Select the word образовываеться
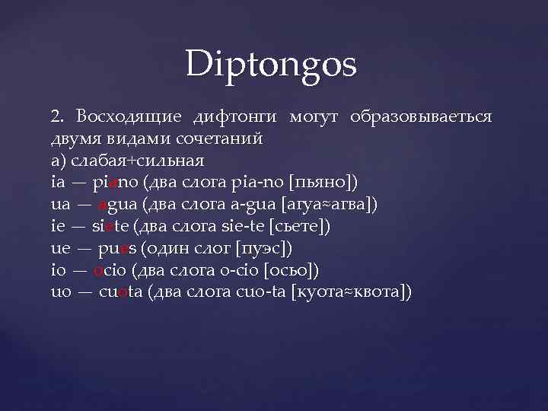tap(421, 118)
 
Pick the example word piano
tap(114, 183)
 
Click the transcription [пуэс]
tap(264, 249)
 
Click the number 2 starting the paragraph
tap(56, 118)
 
